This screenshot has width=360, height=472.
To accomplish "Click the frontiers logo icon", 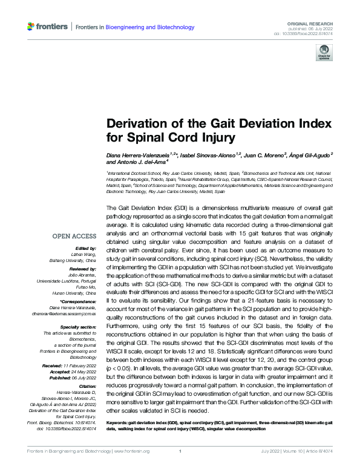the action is click(32, 27).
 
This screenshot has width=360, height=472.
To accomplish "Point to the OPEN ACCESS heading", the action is click(75, 236).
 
